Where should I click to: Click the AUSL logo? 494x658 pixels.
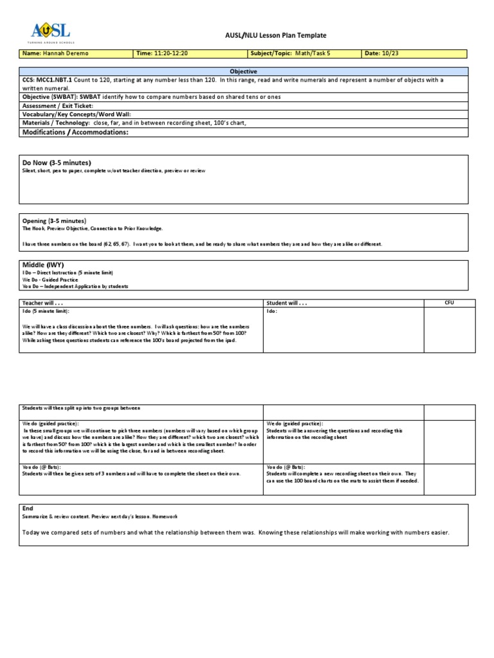pyautogui.click(x=50, y=31)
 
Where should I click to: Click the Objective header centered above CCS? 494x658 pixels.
pyautogui.click(x=243, y=71)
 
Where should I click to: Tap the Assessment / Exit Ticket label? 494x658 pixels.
pyautogui.click(x=58, y=105)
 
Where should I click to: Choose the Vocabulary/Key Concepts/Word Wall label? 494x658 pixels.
pyautogui.click(x=77, y=114)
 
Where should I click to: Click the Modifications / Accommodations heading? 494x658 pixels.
pyautogui.click(x=75, y=132)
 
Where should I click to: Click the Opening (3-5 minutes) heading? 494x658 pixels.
pyautogui.click(x=54, y=220)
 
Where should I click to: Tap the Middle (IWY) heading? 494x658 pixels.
pyautogui.click(x=43, y=265)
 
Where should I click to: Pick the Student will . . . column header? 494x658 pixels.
pyautogui.click(x=287, y=303)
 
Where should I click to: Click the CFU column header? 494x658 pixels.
pyautogui.click(x=449, y=302)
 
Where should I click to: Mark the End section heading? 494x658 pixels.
pyautogui.click(x=28, y=508)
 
